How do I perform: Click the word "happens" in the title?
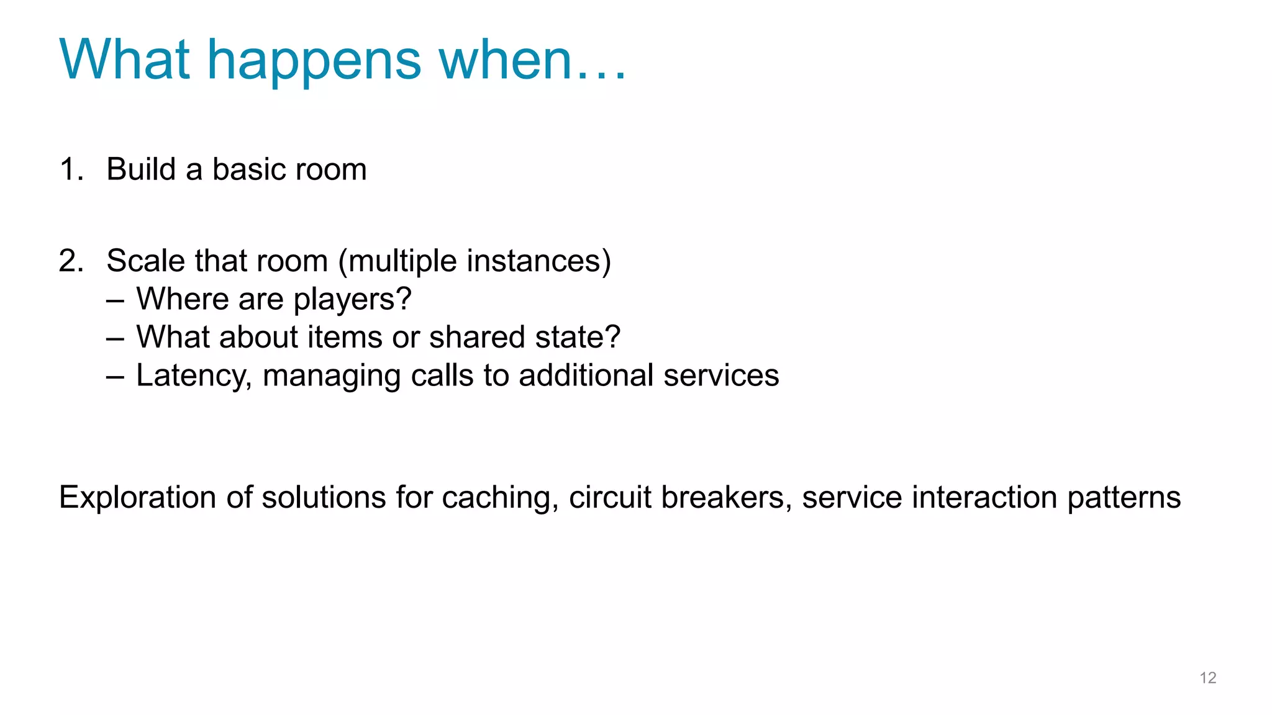[x=314, y=61]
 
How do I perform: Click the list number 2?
[x=71, y=261]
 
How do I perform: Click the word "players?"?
[x=352, y=300]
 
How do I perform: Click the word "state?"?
[x=578, y=337]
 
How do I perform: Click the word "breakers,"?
[x=726, y=498]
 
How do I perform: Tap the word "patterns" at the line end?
[x=1124, y=498]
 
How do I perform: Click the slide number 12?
[x=1207, y=678]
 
